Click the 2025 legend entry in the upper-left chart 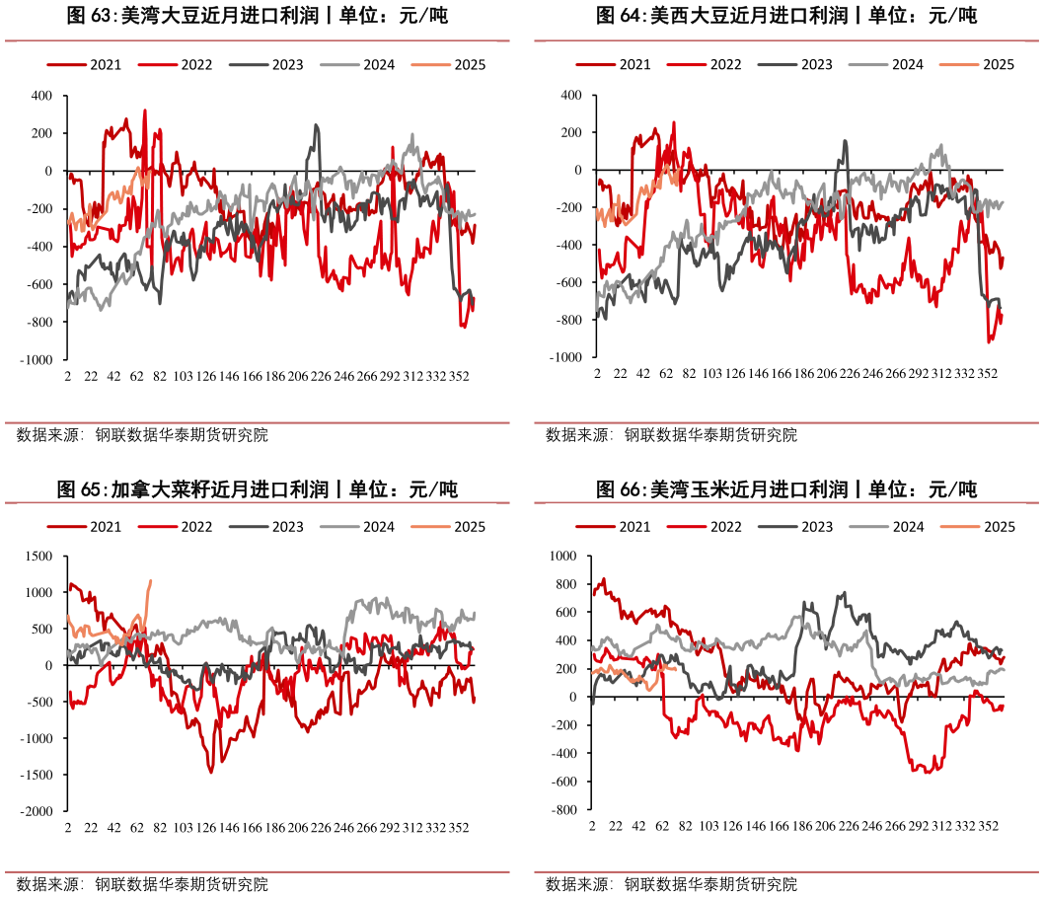point(470,65)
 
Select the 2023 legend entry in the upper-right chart point(816,65)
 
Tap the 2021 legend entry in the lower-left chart point(105,527)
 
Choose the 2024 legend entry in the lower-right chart point(907,527)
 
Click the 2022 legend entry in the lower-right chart point(725,527)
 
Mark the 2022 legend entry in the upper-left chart point(196,65)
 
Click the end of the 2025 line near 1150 point(150,580)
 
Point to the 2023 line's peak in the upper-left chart point(316,124)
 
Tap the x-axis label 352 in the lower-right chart point(990,823)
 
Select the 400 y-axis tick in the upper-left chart point(40,96)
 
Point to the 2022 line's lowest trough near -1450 point(210,772)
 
